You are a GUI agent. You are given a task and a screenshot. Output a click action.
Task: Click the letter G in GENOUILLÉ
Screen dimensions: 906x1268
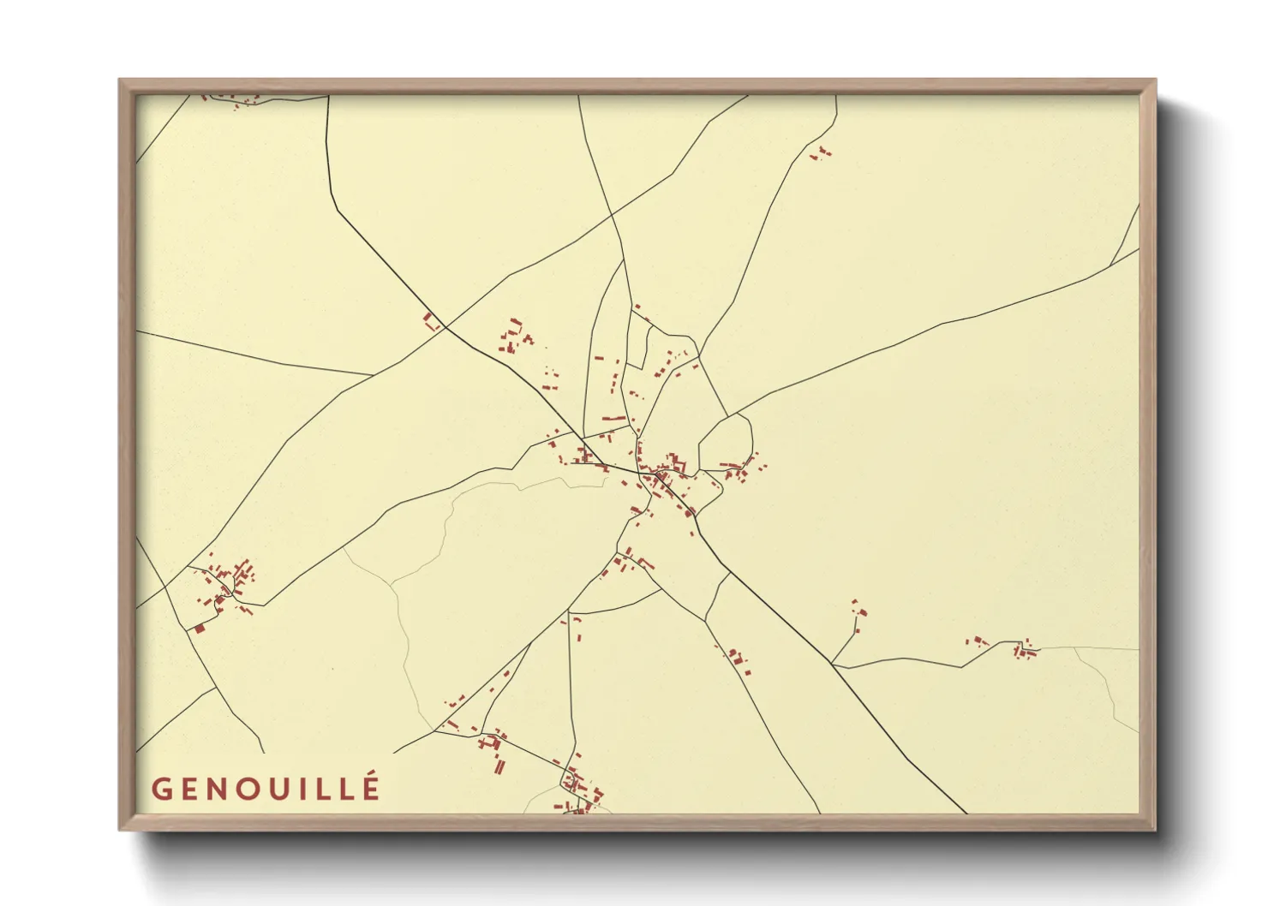(x=163, y=788)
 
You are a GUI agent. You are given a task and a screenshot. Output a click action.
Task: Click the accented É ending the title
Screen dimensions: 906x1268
(x=369, y=786)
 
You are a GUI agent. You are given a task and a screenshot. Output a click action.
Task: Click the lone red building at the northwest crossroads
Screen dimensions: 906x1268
(x=431, y=322)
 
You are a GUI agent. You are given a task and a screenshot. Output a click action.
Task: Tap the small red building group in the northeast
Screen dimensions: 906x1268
(x=822, y=153)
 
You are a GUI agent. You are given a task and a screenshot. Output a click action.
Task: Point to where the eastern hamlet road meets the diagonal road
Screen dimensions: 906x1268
(x=831, y=663)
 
